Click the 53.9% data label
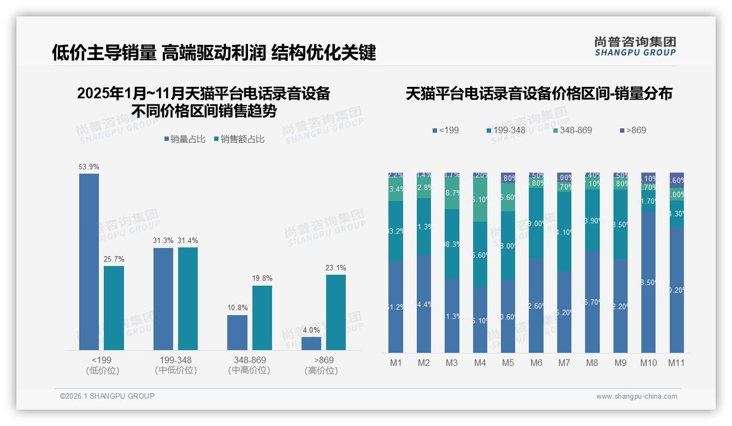[89, 167]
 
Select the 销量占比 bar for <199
[89, 262]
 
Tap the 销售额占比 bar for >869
[336, 312]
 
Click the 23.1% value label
[336, 268]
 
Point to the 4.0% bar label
[311, 330]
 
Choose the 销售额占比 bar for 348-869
[262, 317]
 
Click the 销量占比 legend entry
[185, 139]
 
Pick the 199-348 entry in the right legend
[505, 130]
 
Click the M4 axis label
[480, 363]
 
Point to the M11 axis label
[676, 363]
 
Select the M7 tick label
[564, 363]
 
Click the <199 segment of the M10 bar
[648, 282]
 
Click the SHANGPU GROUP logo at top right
[635, 46]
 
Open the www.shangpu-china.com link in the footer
[636, 397]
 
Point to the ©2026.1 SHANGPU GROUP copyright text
[108, 396]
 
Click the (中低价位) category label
[175, 370]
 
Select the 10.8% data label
[237, 308]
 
